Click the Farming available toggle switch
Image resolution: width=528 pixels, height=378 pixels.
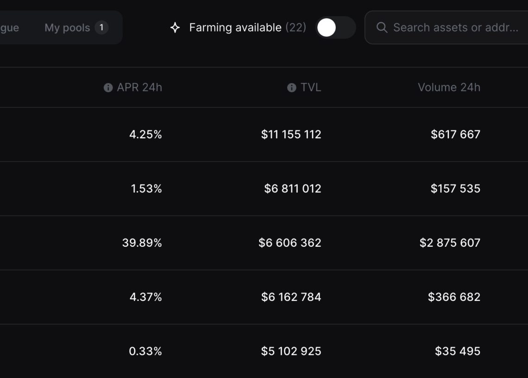(335, 28)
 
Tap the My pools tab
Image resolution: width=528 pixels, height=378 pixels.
(67, 28)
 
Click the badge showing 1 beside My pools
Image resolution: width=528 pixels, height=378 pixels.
(101, 27)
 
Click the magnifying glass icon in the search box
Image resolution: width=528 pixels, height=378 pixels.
(382, 28)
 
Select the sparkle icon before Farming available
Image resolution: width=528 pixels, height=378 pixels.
(175, 28)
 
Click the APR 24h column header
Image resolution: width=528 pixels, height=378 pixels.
(139, 87)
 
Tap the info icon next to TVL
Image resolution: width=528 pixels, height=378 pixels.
(291, 88)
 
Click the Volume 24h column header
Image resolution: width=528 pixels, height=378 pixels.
(449, 87)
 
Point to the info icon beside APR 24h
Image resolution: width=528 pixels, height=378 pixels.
(108, 88)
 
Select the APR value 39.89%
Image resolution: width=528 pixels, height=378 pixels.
(142, 243)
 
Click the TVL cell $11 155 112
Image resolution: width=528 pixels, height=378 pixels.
(291, 135)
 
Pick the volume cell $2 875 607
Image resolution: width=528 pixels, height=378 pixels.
(450, 243)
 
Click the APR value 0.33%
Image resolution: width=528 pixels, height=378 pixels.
(145, 351)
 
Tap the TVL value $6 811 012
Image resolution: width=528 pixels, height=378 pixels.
(292, 188)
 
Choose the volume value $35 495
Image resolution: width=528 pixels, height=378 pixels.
(457, 351)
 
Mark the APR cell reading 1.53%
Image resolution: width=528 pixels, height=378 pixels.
(146, 188)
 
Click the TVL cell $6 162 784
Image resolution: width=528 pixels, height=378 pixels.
(291, 297)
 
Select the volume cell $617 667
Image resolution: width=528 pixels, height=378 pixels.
(455, 135)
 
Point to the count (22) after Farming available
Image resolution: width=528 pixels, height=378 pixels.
(295, 28)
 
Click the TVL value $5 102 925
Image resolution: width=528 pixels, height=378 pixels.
(291, 351)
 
